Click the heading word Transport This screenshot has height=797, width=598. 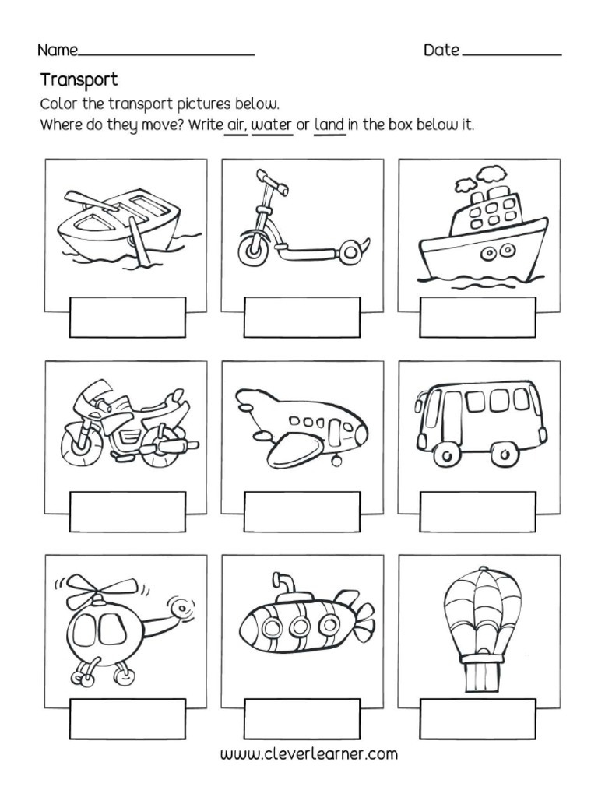click(x=79, y=79)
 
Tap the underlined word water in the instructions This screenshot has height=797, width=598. click(x=271, y=125)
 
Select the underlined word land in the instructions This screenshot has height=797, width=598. click(x=329, y=125)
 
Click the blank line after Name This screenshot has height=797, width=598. click(x=167, y=53)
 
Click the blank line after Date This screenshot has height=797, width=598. click(x=512, y=53)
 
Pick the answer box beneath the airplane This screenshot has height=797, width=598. click(x=302, y=511)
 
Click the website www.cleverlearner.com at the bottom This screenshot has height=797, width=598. click(x=309, y=754)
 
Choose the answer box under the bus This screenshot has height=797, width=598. click(x=477, y=511)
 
